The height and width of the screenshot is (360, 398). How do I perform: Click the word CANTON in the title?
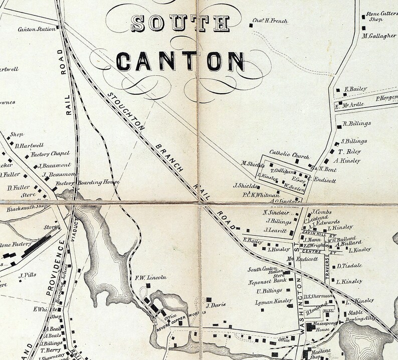[180, 61]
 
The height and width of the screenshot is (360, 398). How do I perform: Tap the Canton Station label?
[37, 29]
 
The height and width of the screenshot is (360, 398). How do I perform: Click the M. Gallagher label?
[379, 36]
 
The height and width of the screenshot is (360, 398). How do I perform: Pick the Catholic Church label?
[290, 154]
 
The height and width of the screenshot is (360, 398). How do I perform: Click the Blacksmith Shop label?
[27, 206]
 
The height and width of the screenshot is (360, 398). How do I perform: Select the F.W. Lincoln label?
[150, 277]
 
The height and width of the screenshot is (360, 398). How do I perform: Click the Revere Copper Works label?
[182, 314]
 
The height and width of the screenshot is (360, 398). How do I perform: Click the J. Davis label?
[216, 304]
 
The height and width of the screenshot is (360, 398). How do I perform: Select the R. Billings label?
[356, 124]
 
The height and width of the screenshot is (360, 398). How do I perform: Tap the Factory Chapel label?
[50, 154]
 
